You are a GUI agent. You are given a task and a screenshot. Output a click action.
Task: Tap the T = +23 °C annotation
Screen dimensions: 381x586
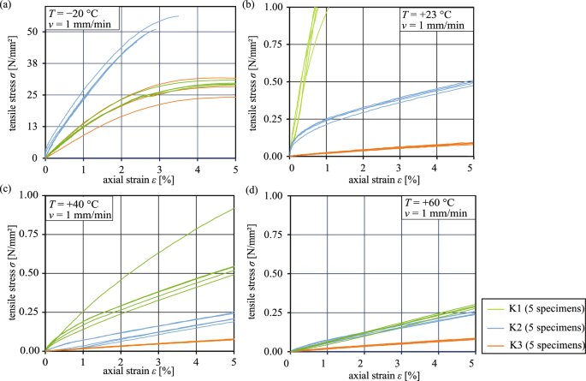(x=433, y=15)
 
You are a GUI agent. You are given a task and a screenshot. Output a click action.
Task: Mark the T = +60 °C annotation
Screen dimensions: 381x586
(x=433, y=205)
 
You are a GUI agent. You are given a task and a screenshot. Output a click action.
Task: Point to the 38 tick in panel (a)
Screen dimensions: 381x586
(x=33, y=64)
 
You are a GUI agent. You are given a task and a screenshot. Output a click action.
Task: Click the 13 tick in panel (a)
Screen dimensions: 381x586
(x=33, y=127)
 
